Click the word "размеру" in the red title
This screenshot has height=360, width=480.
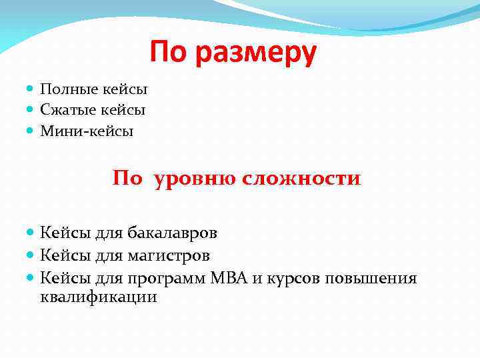tap(256, 53)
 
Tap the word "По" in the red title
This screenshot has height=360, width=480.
tap(169, 52)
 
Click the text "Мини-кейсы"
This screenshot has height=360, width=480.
tap(87, 131)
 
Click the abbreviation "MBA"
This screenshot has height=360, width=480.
tap(229, 277)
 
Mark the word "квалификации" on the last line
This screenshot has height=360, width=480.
tap(99, 297)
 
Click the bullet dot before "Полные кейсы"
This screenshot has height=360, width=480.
tap(32, 89)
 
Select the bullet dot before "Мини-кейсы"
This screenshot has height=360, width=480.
tap(32, 131)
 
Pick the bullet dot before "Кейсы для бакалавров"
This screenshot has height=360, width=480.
tap(32, 233)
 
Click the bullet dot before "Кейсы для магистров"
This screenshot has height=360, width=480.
tap(32, 255)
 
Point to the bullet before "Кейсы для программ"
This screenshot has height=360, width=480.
tap(32, 277)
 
